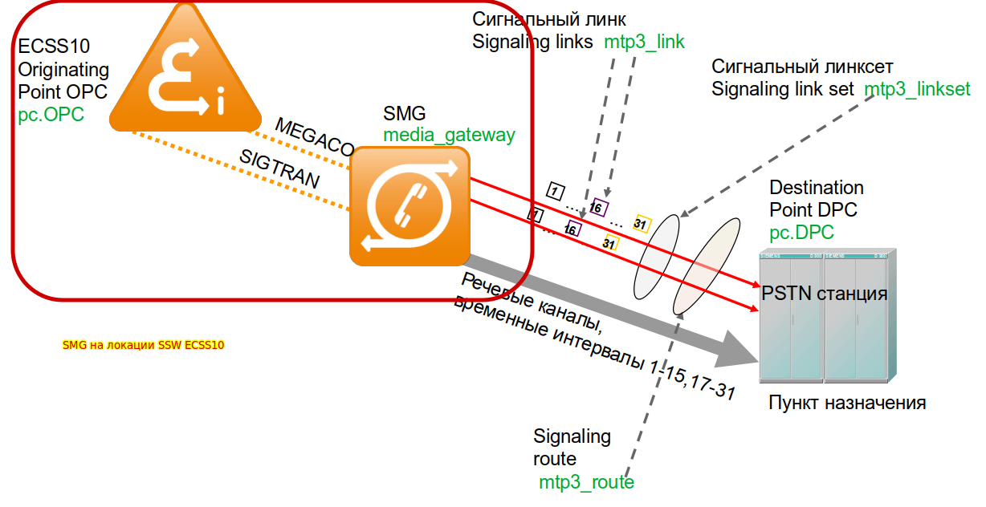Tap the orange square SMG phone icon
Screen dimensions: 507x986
point(409,205)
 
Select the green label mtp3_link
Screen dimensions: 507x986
point(645,42)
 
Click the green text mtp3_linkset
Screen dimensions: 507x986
point(917,88)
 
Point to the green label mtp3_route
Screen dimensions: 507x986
point(586,482)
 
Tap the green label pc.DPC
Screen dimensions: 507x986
point(801,233)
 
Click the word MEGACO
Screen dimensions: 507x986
point(314,137)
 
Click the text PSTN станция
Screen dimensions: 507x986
point(825,294)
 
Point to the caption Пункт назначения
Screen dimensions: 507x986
point(847,402)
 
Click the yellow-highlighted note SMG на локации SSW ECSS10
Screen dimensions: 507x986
point(144,346)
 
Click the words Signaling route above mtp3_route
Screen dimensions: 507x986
point(572,448)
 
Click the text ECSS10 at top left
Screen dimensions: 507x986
point(54,47)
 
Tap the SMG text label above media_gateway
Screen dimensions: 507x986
point(404,113)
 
